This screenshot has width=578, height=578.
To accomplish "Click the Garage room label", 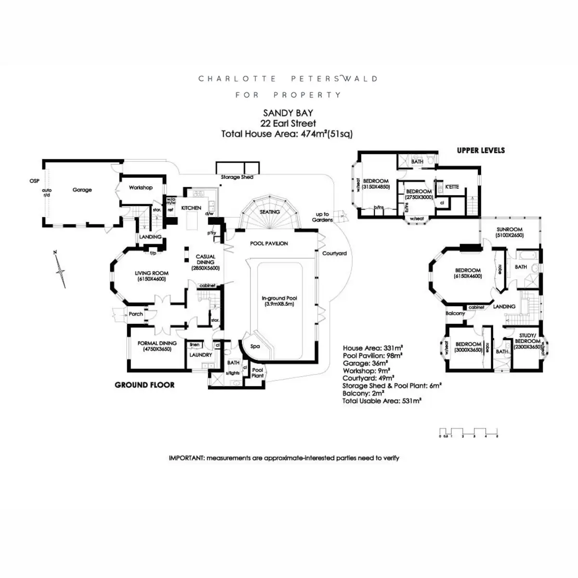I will [x=82, y=190].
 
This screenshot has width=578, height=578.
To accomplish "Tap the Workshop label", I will [x=141, y=187].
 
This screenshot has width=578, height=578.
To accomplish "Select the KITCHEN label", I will [x=191, y=208].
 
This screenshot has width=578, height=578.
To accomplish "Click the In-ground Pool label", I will [x=279, y=301].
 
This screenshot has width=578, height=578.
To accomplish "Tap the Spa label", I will [x=255, y=346].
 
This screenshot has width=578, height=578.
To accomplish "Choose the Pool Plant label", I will [x=258, y=373].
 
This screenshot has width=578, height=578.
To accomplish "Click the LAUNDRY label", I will [x=200, y=355].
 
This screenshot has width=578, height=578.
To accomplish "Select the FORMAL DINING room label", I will [x=157, y=346].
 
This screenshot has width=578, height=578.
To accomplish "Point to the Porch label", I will [x=136, y=314].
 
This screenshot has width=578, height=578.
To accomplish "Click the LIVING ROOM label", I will [x=152, y=276].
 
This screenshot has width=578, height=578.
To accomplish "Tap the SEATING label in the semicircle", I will [x=269, y=212].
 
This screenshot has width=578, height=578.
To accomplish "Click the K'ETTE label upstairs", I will [x=452, y=186].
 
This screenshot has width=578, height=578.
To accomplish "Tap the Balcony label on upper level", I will [x=455, y=314].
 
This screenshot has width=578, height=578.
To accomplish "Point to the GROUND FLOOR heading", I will [x=144, y=385].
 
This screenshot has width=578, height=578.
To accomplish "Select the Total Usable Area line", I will [x=382, y=400].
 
